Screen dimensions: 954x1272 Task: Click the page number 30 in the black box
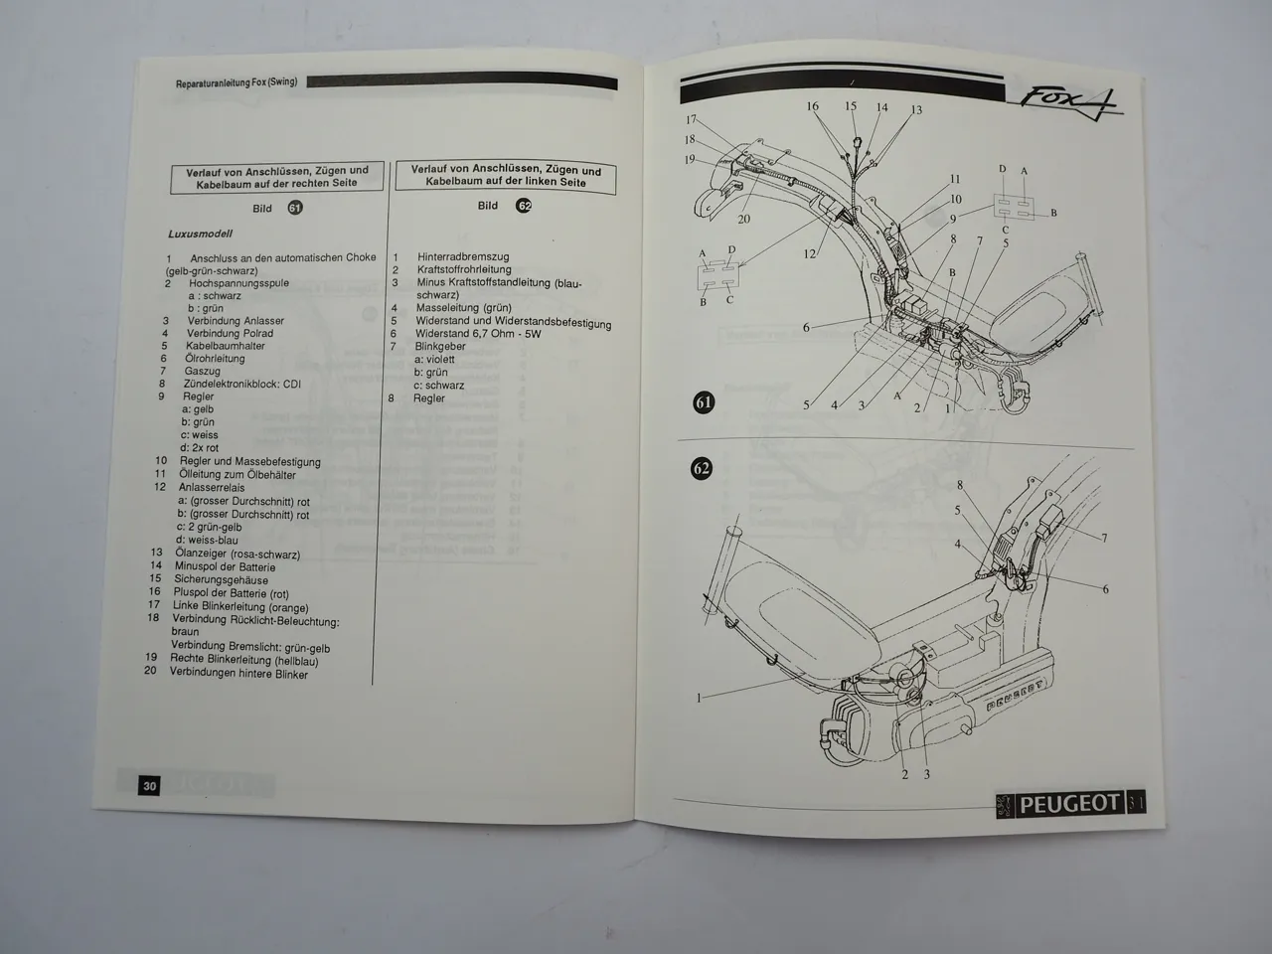coord(149,785)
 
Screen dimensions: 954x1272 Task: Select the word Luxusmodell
coord(200,235)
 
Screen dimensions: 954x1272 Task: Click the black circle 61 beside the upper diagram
coord(704,402)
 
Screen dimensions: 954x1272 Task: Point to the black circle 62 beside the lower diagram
coord(702,467)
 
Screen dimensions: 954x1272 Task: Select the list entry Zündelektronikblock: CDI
coord(241,384)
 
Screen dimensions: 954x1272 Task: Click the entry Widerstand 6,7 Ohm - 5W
coord(479,334)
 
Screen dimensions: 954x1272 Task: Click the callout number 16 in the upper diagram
coord(812,106)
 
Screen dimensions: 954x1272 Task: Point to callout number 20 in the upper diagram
coord(743,219)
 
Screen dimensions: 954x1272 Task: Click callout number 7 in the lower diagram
coord(1104,539)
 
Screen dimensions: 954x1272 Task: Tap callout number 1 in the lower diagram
coord(699,698)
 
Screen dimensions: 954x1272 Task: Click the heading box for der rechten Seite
coord(277,178)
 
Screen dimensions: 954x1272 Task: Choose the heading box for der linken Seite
coord(506,176)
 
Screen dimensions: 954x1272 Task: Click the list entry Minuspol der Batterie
coord(225,566)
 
